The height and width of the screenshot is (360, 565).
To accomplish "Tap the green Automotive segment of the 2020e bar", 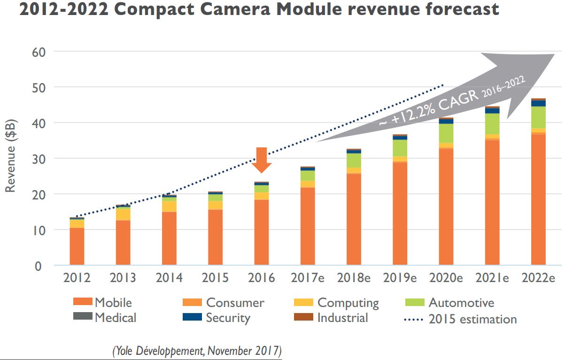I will coord(446,133).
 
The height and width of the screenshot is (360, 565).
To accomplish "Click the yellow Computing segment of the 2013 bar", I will coord(123,214).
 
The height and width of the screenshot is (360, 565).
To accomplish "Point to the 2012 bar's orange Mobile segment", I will coord(77,246).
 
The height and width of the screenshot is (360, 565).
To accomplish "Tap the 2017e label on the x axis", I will coord(308,278).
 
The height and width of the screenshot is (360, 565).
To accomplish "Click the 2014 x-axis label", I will coord(169,278).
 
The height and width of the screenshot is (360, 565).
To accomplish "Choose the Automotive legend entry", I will coord(449,303).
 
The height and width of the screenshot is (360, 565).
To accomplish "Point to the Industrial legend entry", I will coord(331,318).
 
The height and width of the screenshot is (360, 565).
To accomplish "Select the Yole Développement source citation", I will coord(196,350).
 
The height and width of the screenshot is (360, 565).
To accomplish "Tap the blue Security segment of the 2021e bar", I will coord(492,111).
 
